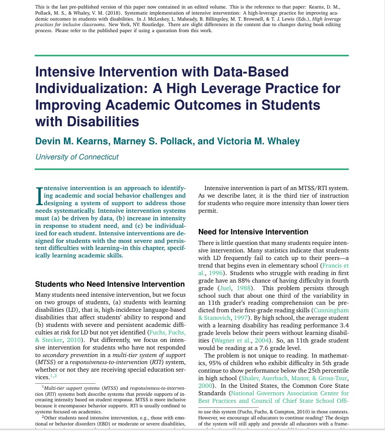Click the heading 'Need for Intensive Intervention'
[x=253, y=232]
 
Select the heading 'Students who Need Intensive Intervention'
[x=110, y=284]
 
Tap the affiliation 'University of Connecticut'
[x=76, y=157]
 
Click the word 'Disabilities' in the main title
[x=87, y=121]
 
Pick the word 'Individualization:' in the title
[x=92, y=89]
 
